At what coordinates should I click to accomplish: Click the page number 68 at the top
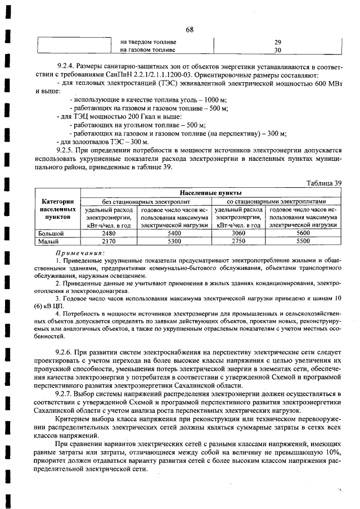(189, 30)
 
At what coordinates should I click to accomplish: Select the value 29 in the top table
(277, 42)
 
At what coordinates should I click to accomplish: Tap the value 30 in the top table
(277, 50)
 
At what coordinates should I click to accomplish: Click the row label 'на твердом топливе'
(148, 42)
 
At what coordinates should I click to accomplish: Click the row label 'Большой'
(51, 232)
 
